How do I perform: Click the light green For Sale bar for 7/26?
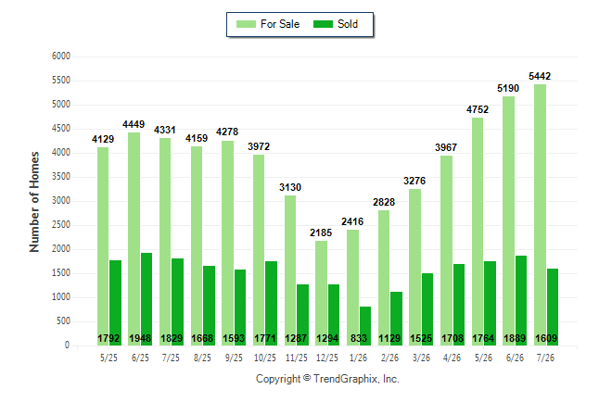(541, 215)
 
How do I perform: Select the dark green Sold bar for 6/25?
(147, 299)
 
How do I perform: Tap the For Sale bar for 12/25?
(321, 293)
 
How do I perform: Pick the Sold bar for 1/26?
(365, 326)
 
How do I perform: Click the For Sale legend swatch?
(246, 24)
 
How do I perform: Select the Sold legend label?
(348, 24)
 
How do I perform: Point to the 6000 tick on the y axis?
(61, 57)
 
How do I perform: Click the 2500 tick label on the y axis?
(61, 225)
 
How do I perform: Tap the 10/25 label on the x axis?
(265, 358)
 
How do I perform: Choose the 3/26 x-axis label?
(421, 358)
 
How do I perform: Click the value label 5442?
(540, 76)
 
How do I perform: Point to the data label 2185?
(321, 232)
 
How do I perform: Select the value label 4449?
(134, 124)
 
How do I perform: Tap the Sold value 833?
(359, 338)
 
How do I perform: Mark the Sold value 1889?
(515, 338)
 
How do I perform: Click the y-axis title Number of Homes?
(34, 202)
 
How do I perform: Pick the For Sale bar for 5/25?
(103, 246)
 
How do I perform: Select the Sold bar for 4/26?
(459, 305)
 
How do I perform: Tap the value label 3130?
(290, 187)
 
